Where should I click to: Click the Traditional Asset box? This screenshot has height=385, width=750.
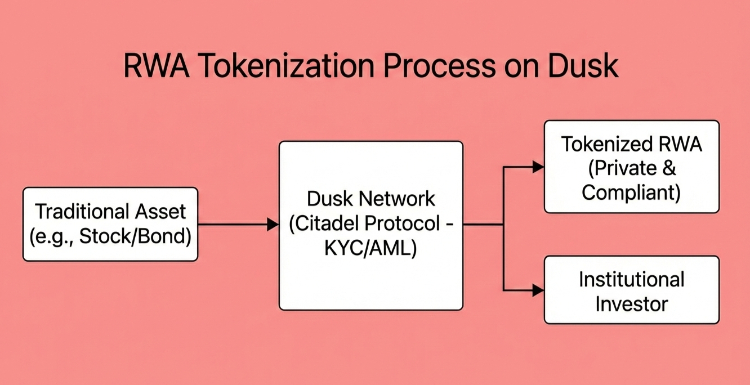tap(110, 225)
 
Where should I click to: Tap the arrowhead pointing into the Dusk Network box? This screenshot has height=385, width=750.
tap(273, 225)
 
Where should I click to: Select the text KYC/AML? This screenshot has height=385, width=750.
tap(370, 248)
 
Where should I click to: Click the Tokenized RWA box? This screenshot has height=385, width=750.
tap(631, 167)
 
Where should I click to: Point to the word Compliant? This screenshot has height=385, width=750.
tap(631, 192)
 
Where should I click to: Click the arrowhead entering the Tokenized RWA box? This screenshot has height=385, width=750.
tap(538, 167)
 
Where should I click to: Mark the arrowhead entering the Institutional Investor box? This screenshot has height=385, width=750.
tap(538, 290)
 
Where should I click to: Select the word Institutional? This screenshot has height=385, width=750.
tap(631, 279)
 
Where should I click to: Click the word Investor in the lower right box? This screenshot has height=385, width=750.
tap(631, 304)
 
